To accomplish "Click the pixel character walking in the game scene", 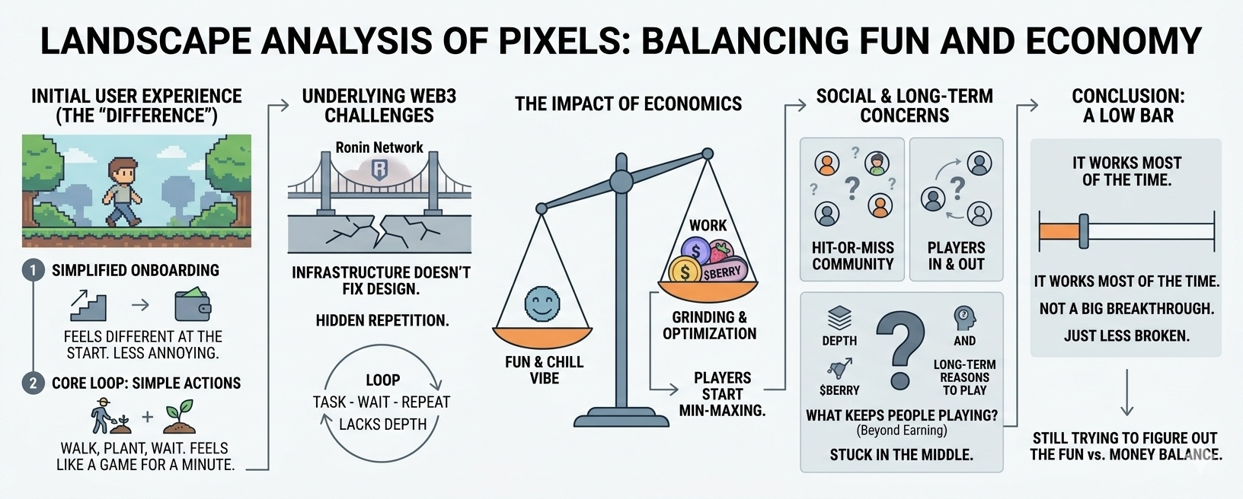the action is pos(122,191).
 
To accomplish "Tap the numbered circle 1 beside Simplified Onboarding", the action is pos(32,271).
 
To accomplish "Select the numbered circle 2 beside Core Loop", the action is pos(32,383).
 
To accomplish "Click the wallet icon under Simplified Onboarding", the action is pos(193,304).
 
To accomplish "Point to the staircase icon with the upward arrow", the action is pos(88,304).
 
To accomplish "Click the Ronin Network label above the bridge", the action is pos(379,148).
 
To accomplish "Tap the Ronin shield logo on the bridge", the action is pos(379,170).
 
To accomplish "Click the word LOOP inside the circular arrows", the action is pos(382,380).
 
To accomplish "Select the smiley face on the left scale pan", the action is pos(542,304).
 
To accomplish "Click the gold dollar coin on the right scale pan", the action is pos(685,271).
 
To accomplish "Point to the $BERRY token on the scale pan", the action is pos(721,272).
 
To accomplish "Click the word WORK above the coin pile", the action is pos(708,225).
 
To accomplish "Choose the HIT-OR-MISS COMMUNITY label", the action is pos(852,256).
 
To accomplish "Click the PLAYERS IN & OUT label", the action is pos(956,256).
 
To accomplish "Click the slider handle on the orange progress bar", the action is pos(1083,231).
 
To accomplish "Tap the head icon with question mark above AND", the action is pos(964,317).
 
